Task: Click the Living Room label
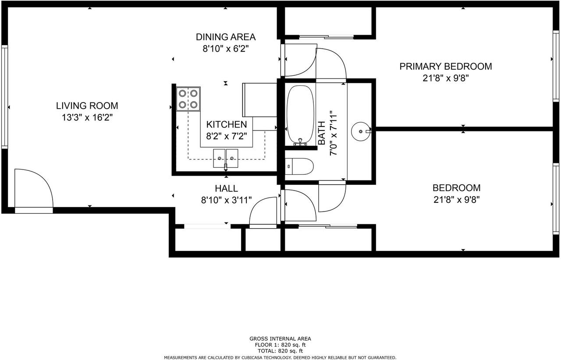pos(87,106)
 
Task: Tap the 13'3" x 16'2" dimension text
pos(87,117)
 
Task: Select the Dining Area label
pos(226,37)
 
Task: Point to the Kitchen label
pos(227,124)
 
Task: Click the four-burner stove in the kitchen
pos(188,99)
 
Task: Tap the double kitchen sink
pos(226,159)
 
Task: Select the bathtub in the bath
pos(300,116)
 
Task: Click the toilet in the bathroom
pos(299,166)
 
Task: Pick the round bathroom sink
pos(361,131)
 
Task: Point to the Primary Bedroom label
pos(446,66)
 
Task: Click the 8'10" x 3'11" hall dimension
pos(227,200)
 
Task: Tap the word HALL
pos(227,188)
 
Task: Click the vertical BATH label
pos(321,133)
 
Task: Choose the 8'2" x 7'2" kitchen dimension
pos(227,136)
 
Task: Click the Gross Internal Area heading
pos(280,339)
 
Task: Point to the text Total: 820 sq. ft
pos(280,351)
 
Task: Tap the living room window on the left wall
pos(4,97)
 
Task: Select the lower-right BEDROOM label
pos(457,188)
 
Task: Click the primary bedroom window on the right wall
pos(556,66)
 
